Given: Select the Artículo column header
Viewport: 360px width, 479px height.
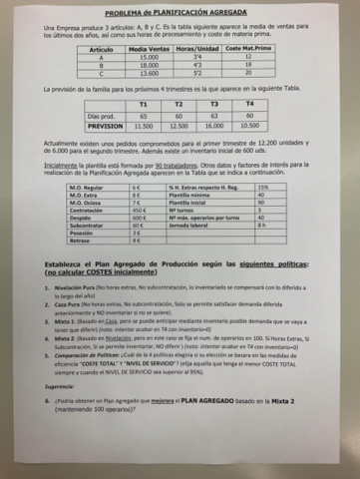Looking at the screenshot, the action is [x=99, y=47].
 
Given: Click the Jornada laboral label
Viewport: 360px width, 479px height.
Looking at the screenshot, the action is [x=189, y=228].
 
